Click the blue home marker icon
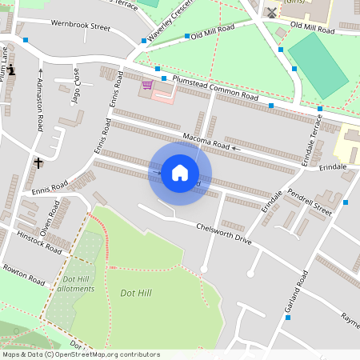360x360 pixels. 180,173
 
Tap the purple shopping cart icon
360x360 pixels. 147,85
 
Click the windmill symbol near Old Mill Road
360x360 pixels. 271,12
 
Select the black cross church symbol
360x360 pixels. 38,162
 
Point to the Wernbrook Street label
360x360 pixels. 80,26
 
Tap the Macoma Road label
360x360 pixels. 206,142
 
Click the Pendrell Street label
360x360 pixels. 310,203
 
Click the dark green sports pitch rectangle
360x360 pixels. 318,64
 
